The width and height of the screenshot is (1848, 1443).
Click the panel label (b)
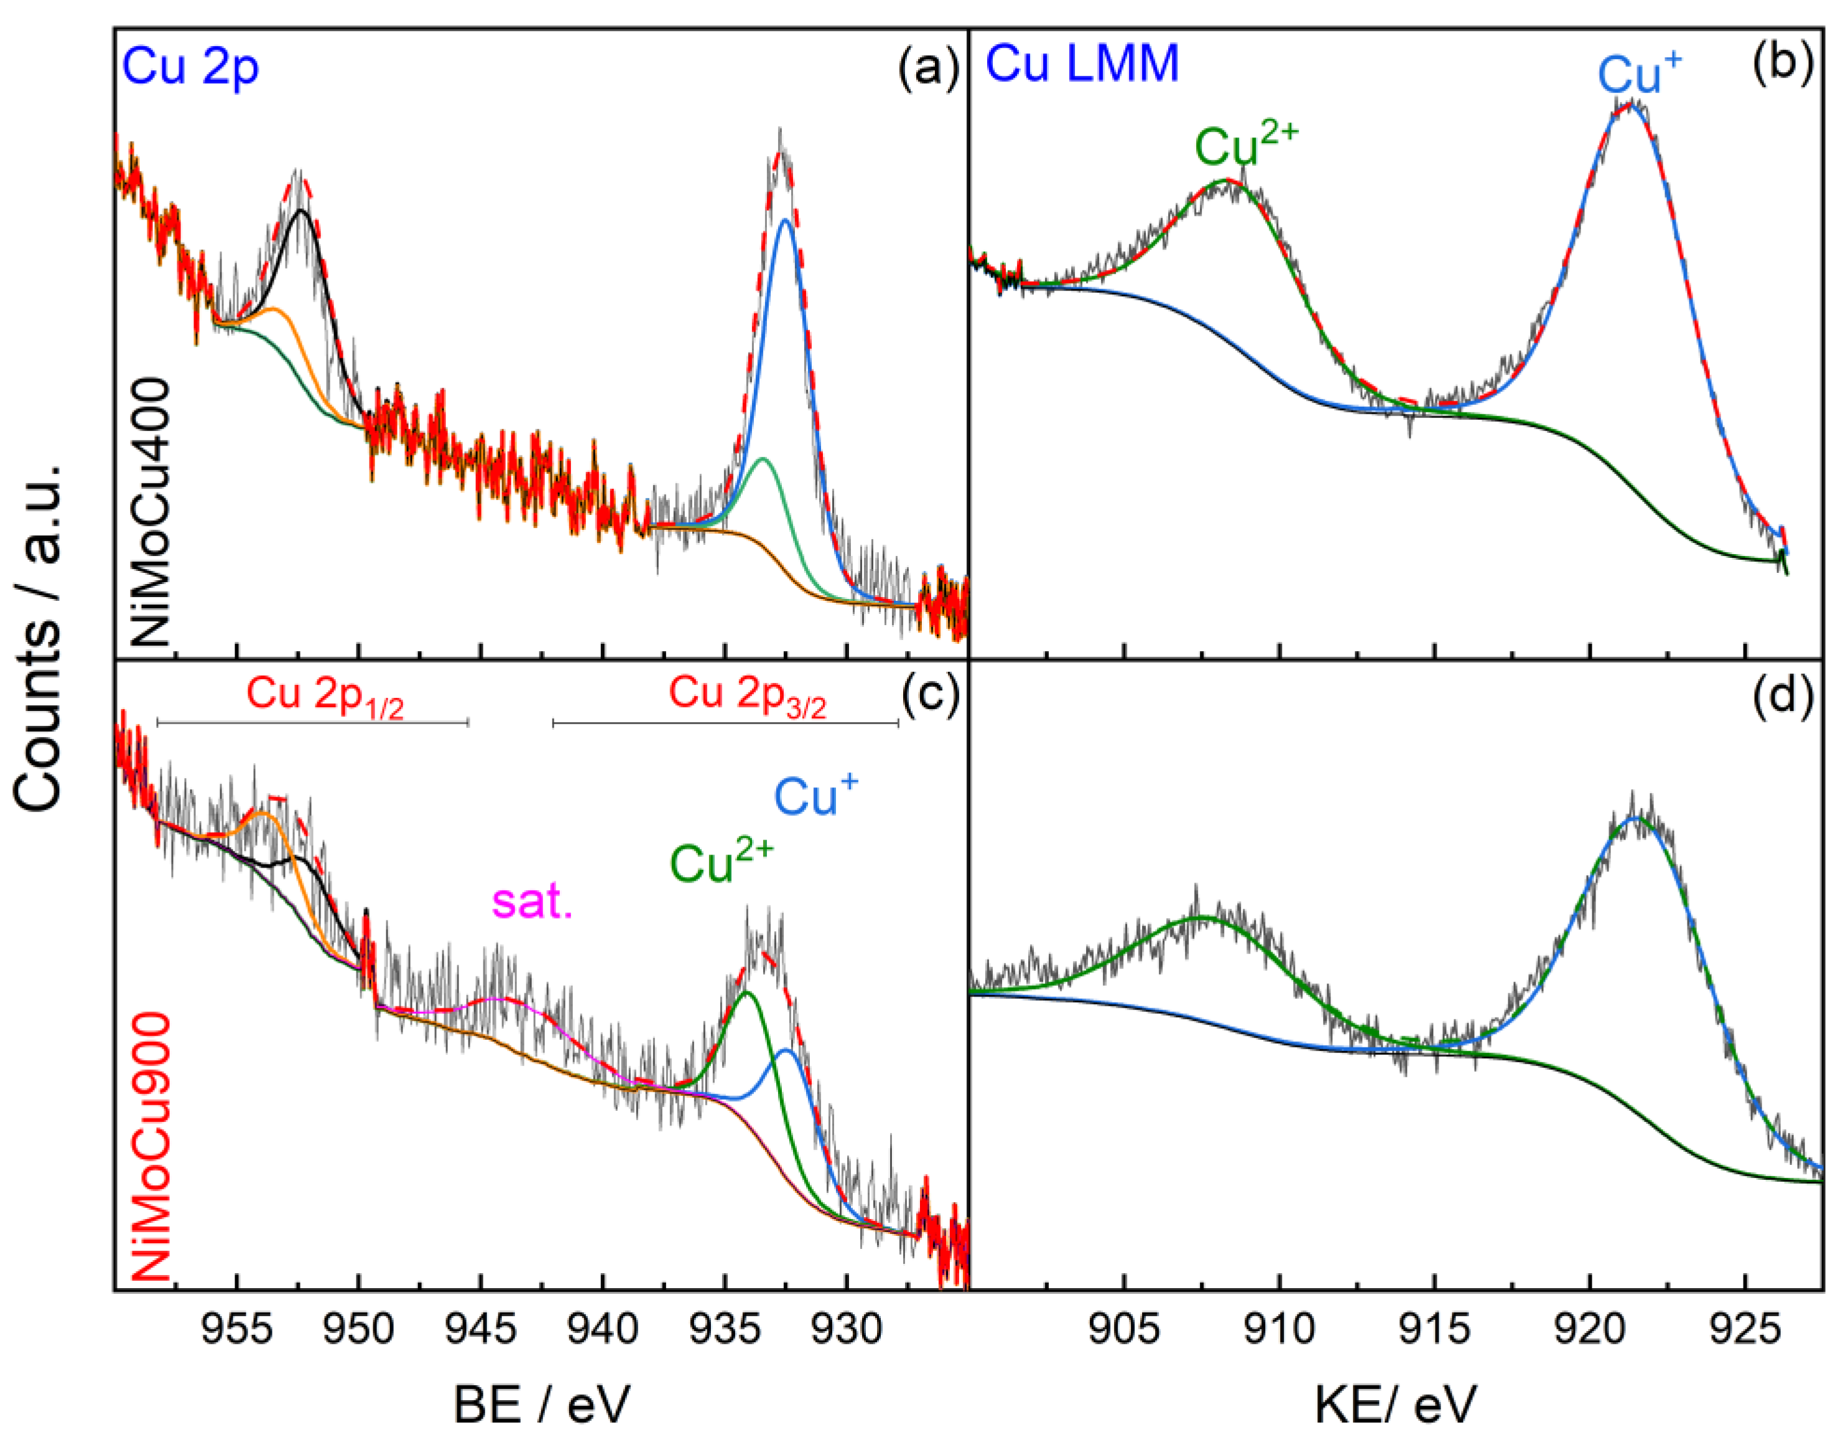click(x=1782, y=65)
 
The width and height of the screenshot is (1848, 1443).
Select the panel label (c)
click(x=928, y=695)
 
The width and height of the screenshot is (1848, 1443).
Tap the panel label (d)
click(x=1782, y=695)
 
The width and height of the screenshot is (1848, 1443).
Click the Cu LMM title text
click(x=1082, y=63)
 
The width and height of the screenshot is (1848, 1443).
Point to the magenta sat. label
click(x=532, y=902)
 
